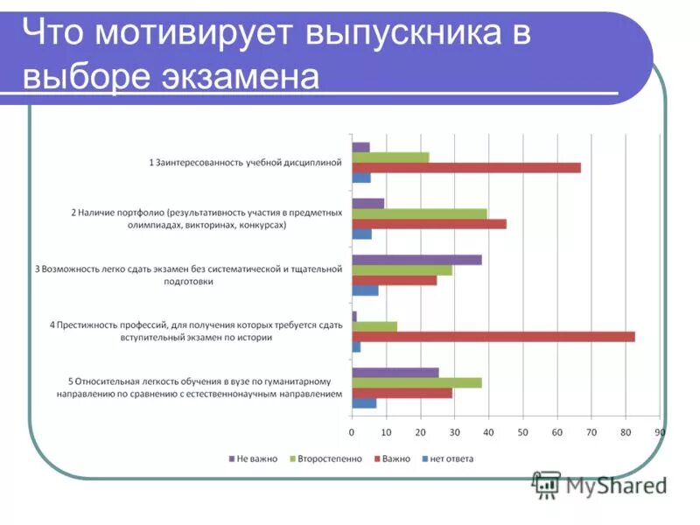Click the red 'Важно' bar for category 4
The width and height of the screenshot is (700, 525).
tap(493, 337)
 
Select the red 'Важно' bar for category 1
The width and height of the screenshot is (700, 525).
tap(465, 168)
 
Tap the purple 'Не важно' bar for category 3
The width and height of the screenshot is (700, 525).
tap(416, 260)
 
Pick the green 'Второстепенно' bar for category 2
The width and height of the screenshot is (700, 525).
tap(419, 213)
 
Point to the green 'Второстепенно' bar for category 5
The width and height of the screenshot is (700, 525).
tap(416, 382)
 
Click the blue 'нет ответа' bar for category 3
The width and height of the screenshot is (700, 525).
tap(365, 290)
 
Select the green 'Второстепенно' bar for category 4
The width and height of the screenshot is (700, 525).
tap(374, 326)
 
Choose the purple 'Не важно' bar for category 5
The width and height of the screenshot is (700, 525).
tap(395, 372)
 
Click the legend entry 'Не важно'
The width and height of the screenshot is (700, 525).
tap(255, 458)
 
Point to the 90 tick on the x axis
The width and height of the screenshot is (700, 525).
tap(660, 432)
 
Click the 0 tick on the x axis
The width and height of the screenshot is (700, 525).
tap(352, 432)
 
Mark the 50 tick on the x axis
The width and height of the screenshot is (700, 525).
tap(523, 432)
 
